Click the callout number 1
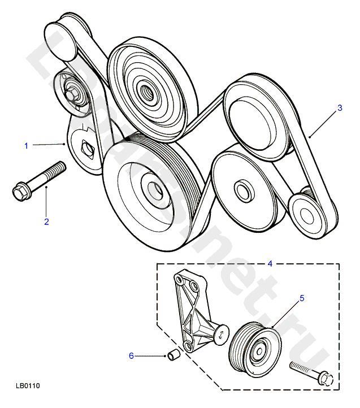tap(26, 146)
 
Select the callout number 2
tap(46, 222)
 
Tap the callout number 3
tap(339, 107)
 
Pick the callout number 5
tap(301, 298)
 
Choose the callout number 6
tap(131, 355)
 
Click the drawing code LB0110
tap(28, 387)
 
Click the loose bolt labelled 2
tap(40, 180)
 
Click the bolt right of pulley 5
tap(312, 372)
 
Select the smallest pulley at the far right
tap(307, 213)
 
